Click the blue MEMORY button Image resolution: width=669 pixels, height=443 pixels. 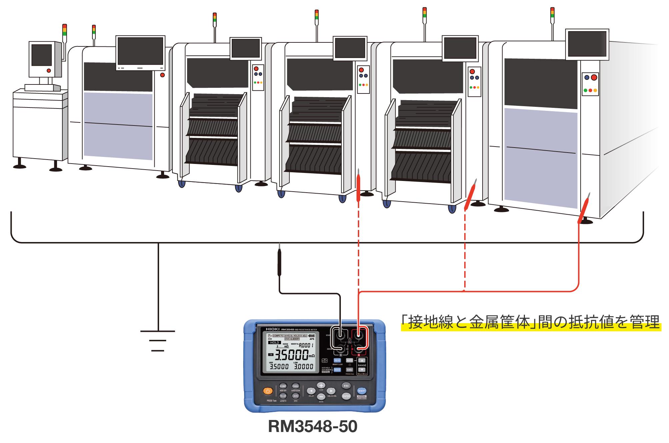(362, 391)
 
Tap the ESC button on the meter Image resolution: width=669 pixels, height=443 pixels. (346, 386)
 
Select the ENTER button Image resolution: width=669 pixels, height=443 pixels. (346, 396)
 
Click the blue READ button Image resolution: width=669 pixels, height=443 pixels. (337, 361)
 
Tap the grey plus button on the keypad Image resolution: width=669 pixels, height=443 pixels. (321, 386)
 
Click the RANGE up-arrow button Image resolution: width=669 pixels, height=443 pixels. (362, 361)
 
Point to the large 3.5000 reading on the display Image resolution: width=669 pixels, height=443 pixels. (291, 355)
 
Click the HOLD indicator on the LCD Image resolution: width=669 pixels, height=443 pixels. (274, 343)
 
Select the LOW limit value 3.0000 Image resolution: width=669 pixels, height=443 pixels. (303, 367)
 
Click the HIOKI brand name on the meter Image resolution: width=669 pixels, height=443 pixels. (272, 329)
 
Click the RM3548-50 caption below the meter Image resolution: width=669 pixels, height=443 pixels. (312, 426)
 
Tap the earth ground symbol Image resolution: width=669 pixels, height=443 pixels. (158, 341)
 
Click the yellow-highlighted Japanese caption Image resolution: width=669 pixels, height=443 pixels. (531, 322)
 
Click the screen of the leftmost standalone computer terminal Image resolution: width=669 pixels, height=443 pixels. (42, 55)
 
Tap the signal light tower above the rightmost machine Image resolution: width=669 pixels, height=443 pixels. (552, 15)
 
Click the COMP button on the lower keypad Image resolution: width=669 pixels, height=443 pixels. (283, 386)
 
